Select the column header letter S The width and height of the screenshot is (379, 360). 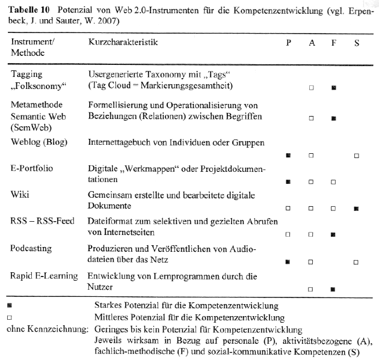[x=357, y=43]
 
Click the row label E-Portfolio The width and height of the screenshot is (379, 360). [x=32, y=168]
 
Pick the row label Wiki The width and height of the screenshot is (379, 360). [x=19, y=195]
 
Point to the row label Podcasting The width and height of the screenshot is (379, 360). [x=31, y=248]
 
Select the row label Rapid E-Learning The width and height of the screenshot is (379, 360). [x=44, y=275]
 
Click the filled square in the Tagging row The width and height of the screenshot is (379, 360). [x=334, y=87]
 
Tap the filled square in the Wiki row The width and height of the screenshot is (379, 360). [x=357, y=209]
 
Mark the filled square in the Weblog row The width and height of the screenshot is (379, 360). [x=289, y=156]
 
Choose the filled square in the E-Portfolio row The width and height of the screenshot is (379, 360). [x=289, y=182]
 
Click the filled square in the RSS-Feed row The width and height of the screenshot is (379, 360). [x=334, y=235]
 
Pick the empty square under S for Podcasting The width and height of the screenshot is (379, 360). [x=357, y=262]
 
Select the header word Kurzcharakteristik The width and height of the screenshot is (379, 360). [x=123, y=43]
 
